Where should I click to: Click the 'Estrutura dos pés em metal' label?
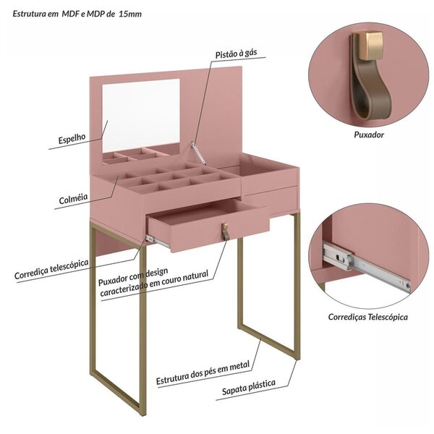coord(203,370)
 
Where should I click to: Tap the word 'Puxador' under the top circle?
coord(369,135)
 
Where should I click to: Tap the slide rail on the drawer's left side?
coord(158,241)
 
